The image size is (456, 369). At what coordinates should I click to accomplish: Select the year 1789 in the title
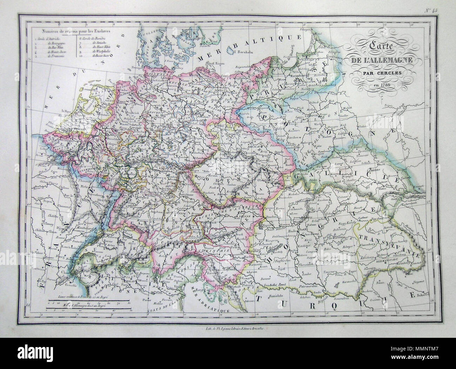tap(386, 86)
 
